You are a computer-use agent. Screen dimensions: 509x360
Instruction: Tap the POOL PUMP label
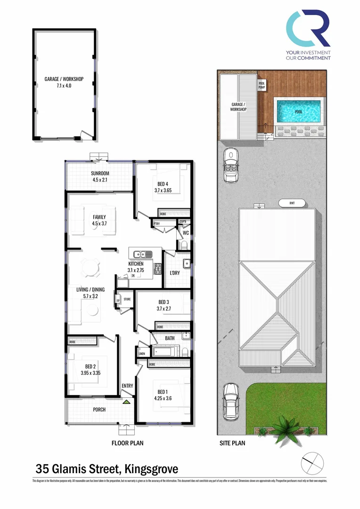(262, 85)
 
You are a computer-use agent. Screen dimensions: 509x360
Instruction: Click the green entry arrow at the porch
(126, 402)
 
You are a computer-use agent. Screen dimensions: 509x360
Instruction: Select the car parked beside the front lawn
(230, 401)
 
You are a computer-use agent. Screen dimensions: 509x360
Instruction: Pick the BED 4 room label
(163, 188)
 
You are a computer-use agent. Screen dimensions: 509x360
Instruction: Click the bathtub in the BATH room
(165, 351)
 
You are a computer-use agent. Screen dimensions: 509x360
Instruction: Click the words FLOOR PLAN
(127, 443)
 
